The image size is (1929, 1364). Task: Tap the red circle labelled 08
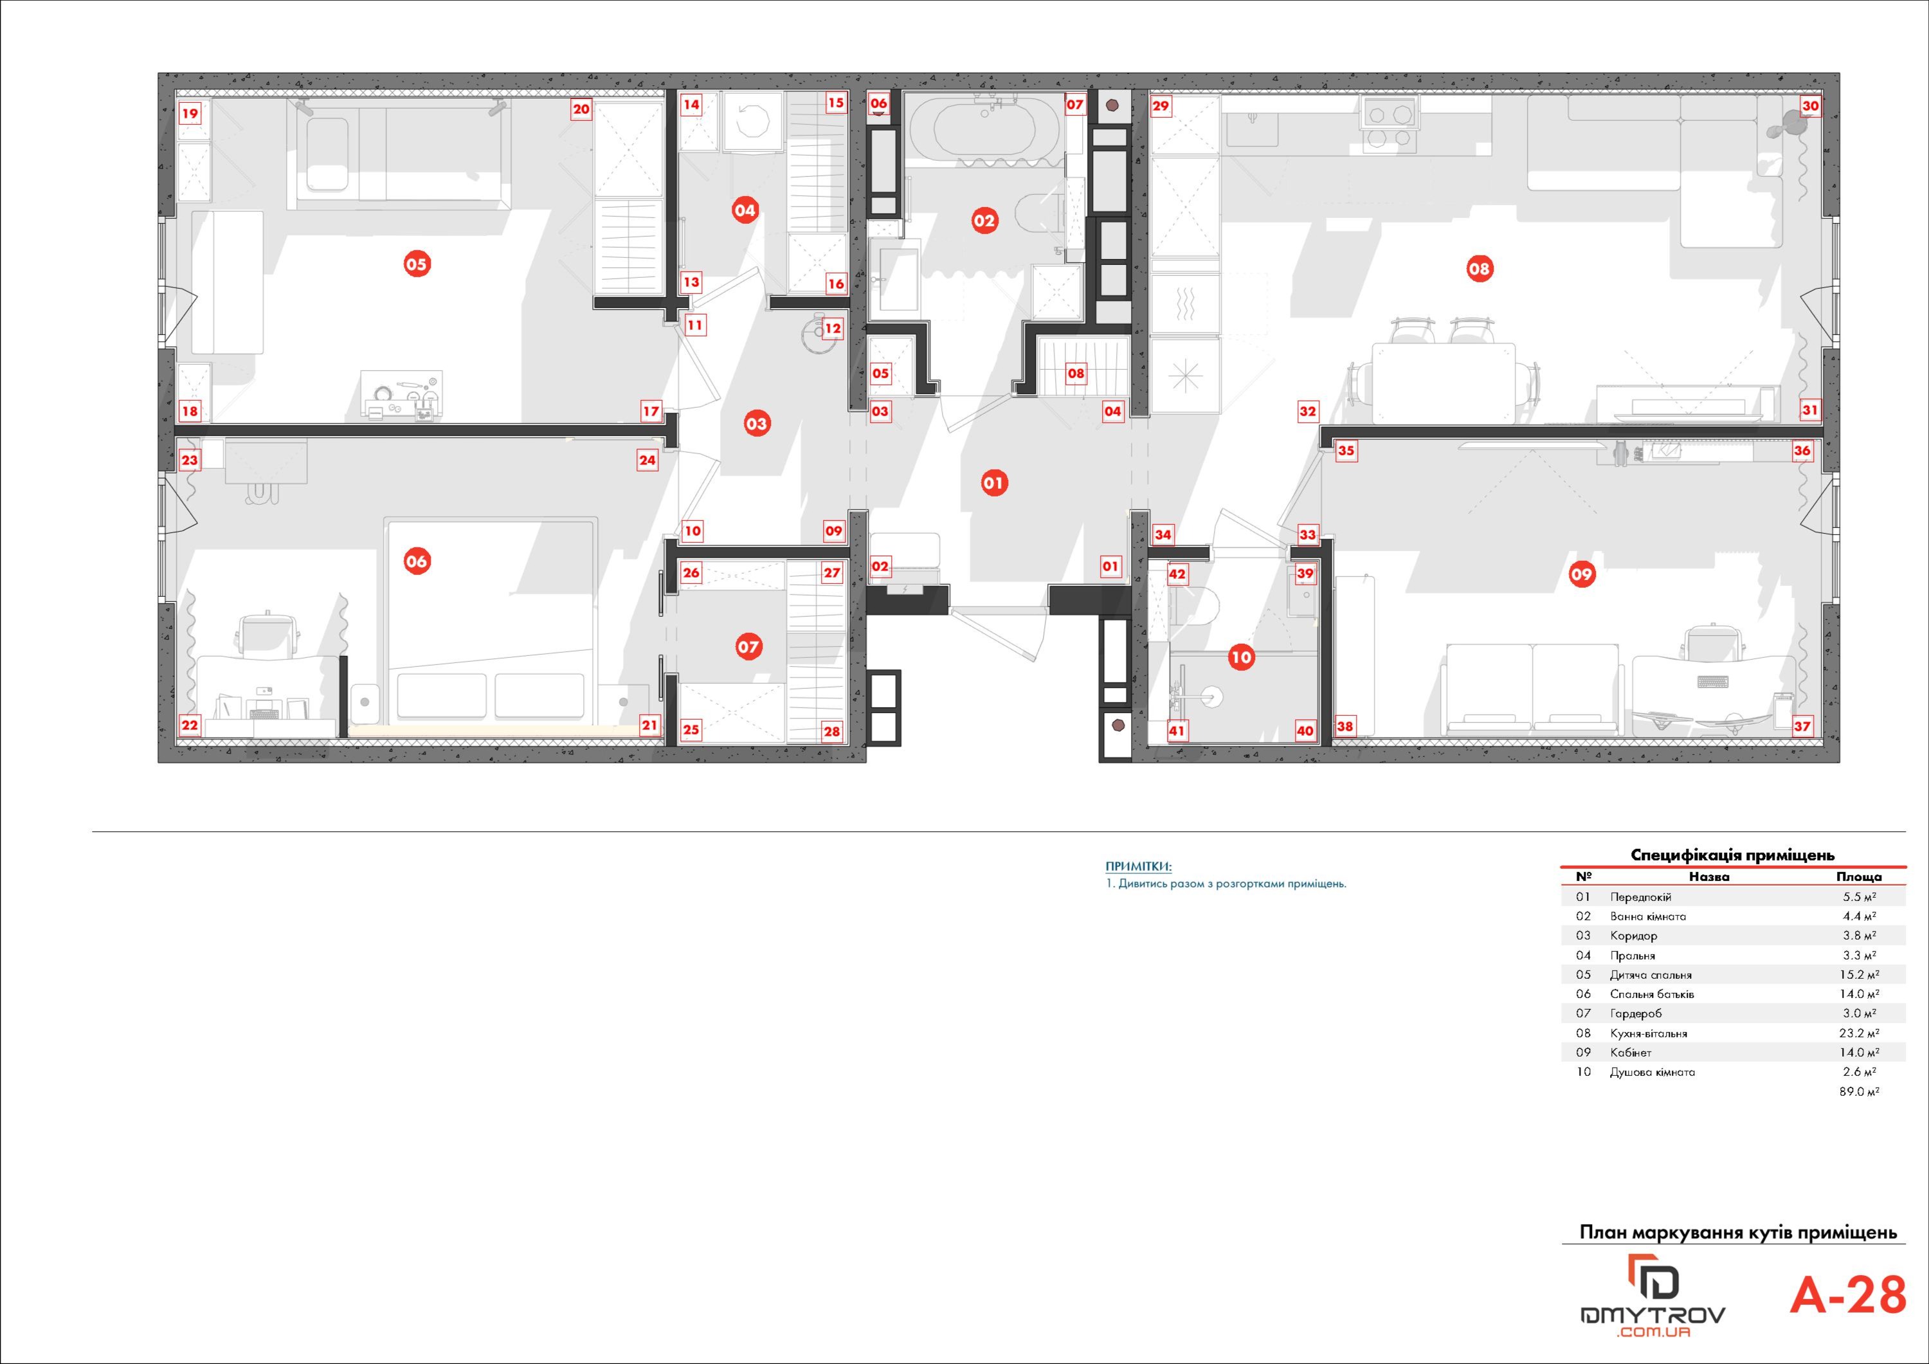point(1479,269)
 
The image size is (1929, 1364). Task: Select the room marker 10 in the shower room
point(1241,657)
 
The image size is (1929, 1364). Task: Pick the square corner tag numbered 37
point(1802,726)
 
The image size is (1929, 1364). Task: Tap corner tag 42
point(1177,574)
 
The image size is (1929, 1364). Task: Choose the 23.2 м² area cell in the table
point(1861,1033)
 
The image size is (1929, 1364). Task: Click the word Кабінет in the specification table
point(1631,1052)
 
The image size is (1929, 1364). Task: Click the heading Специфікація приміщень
point(1732,855)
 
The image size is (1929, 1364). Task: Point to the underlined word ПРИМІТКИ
point(1137,866)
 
